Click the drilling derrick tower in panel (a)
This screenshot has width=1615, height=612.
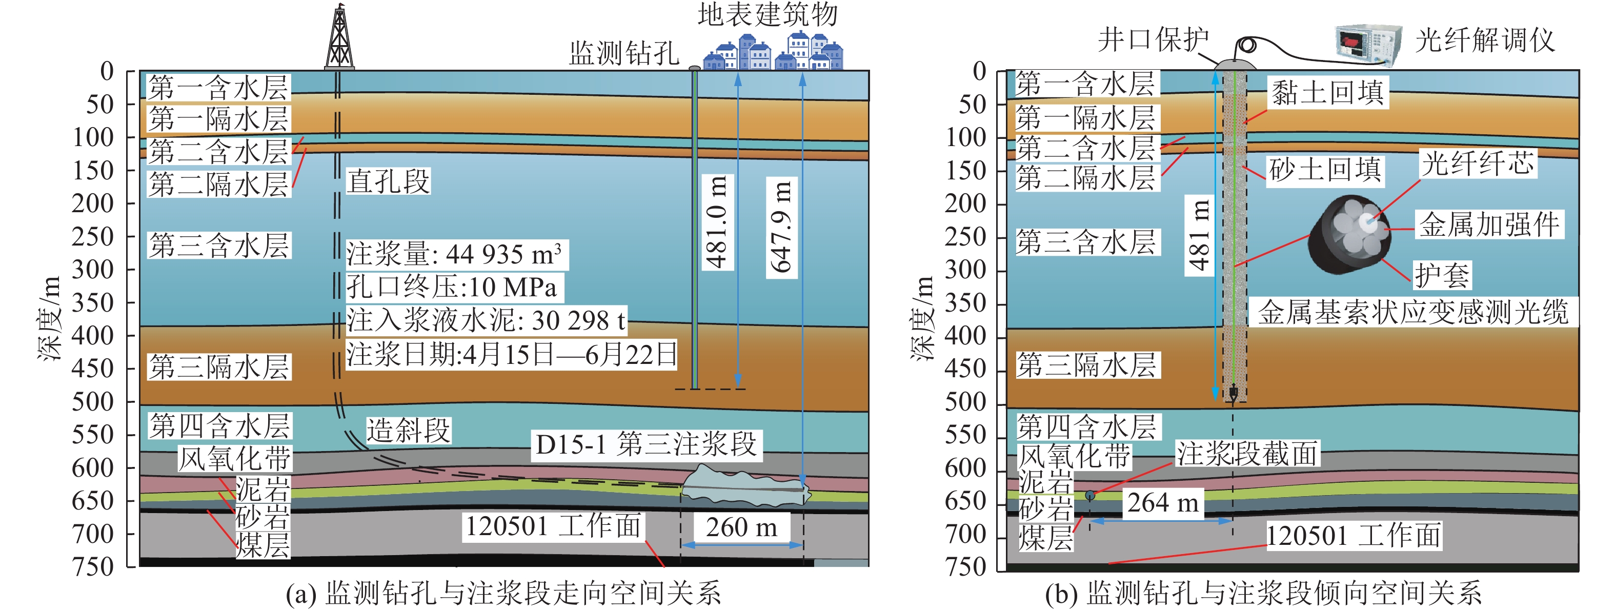click(x=339, y=37)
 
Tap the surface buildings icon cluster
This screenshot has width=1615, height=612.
click(x=773, y=51)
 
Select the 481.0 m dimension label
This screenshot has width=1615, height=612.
click(x=716, y=222)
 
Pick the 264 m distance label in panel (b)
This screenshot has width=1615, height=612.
click(x=1162, y=503)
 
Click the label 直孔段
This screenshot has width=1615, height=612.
click(x=389, y=182)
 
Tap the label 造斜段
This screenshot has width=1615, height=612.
click(x=408, y=431)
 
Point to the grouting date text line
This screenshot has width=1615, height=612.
click(x=512, y=354)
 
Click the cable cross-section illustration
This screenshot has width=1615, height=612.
click(x=1348, y=235)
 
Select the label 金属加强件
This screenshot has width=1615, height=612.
click(x=1489, y=225)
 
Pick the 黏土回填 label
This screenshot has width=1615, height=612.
click(x=1327, y=93)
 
